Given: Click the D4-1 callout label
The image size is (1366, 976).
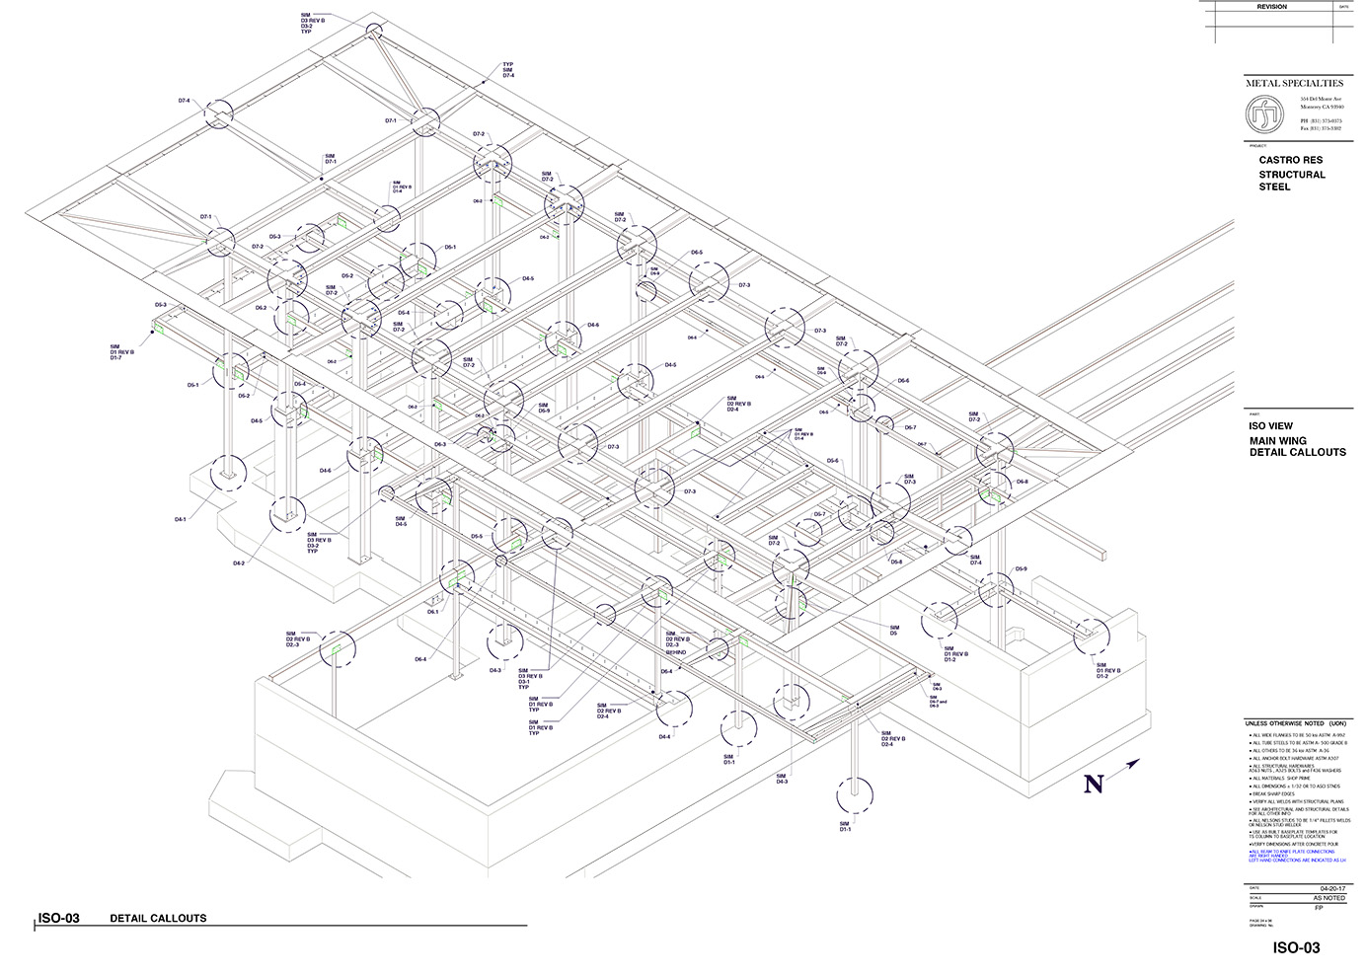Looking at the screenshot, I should point(181,519).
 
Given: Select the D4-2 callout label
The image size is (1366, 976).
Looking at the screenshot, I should point(239,563).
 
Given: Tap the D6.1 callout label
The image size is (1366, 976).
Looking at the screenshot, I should point(432,612).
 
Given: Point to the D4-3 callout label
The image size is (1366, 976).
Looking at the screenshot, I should point(495,670).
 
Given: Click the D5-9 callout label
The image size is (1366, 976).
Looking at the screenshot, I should point(1021,569).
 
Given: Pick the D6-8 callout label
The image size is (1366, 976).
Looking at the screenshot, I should point(1022,482).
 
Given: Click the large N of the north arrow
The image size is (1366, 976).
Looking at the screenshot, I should point(1094,785).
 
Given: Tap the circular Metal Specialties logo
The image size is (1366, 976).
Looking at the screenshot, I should point(1265,117).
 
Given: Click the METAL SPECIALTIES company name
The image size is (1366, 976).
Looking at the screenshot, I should point(1294,83).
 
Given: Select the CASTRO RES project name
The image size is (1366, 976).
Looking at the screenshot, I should point(1290,160).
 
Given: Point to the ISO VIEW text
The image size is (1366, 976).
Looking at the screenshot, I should point(1270,426).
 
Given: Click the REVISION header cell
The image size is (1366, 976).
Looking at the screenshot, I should point(1271,7).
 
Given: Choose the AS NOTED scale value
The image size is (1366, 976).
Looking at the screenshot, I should point(1328,898).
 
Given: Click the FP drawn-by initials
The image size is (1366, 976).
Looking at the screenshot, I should point(1319,908).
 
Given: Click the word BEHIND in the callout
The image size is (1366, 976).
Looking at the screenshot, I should point(675,652).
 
